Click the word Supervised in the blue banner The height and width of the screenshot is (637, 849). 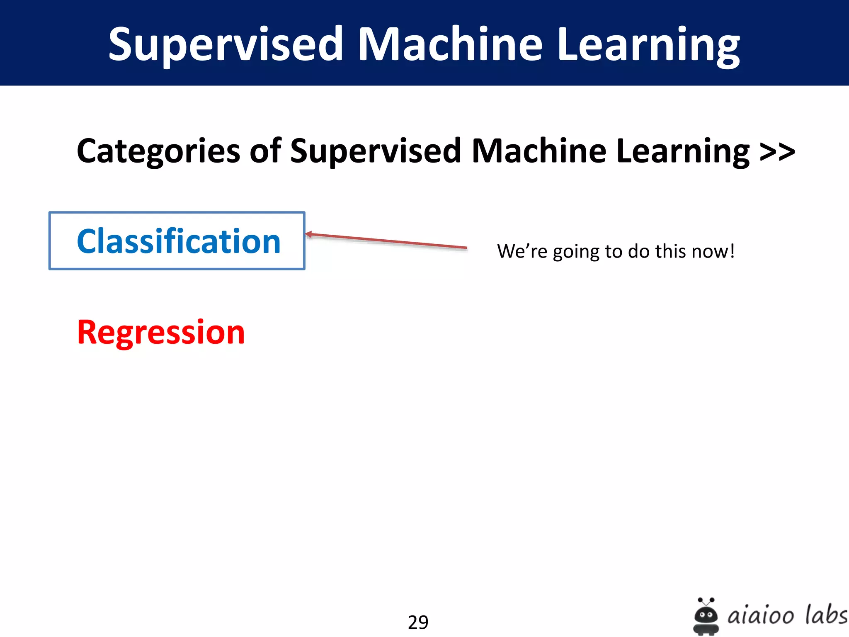click(226, 44)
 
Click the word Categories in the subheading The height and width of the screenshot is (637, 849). click(158, 151)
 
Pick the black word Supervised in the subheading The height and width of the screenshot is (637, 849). click(376, 151)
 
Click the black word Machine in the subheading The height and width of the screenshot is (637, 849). click(539, 150)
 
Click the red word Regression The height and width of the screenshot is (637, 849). click(161, 332)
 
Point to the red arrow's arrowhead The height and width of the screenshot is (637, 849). click(309, 235)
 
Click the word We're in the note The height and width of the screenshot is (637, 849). click(522, 251)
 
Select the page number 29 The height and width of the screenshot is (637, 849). click(418, 622)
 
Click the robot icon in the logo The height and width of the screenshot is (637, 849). click(706, 616)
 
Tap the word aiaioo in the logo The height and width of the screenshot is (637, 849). click(761, 615)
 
